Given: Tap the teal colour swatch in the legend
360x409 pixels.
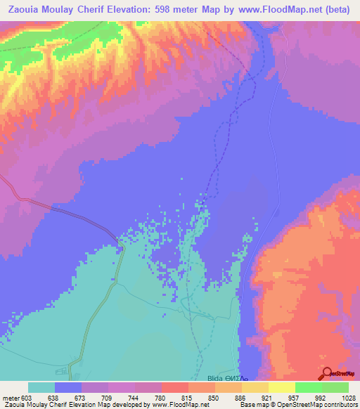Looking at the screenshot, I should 41,387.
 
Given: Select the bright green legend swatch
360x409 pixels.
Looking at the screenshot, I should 308,387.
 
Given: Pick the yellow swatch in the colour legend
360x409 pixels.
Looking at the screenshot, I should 281,387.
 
